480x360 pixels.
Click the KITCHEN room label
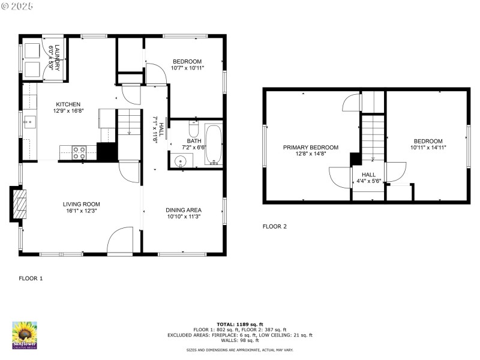pyautogui.click(x=68, y=104)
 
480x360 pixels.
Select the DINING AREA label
pyautogui.click(x=184, y=210)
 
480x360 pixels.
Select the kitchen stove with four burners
pyautogui.click(x=80, y=153)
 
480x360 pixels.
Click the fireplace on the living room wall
pyautogui.click(x=19, y=205)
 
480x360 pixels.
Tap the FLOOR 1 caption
pyautogui.click(x=31, y=278)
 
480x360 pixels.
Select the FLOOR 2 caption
pyautogui.click(x=275, y=226)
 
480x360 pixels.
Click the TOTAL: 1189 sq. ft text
pyautogui.click(x=239, y=324)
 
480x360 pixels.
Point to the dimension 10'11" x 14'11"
pyautogui.click(x=428, y=147)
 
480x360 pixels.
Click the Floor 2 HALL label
pyautogui.click(x=368, y=175)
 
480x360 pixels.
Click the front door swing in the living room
pyautogui.click(x=119, y=241)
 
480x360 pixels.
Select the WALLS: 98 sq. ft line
pyautogui.click(x=239, y=341)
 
